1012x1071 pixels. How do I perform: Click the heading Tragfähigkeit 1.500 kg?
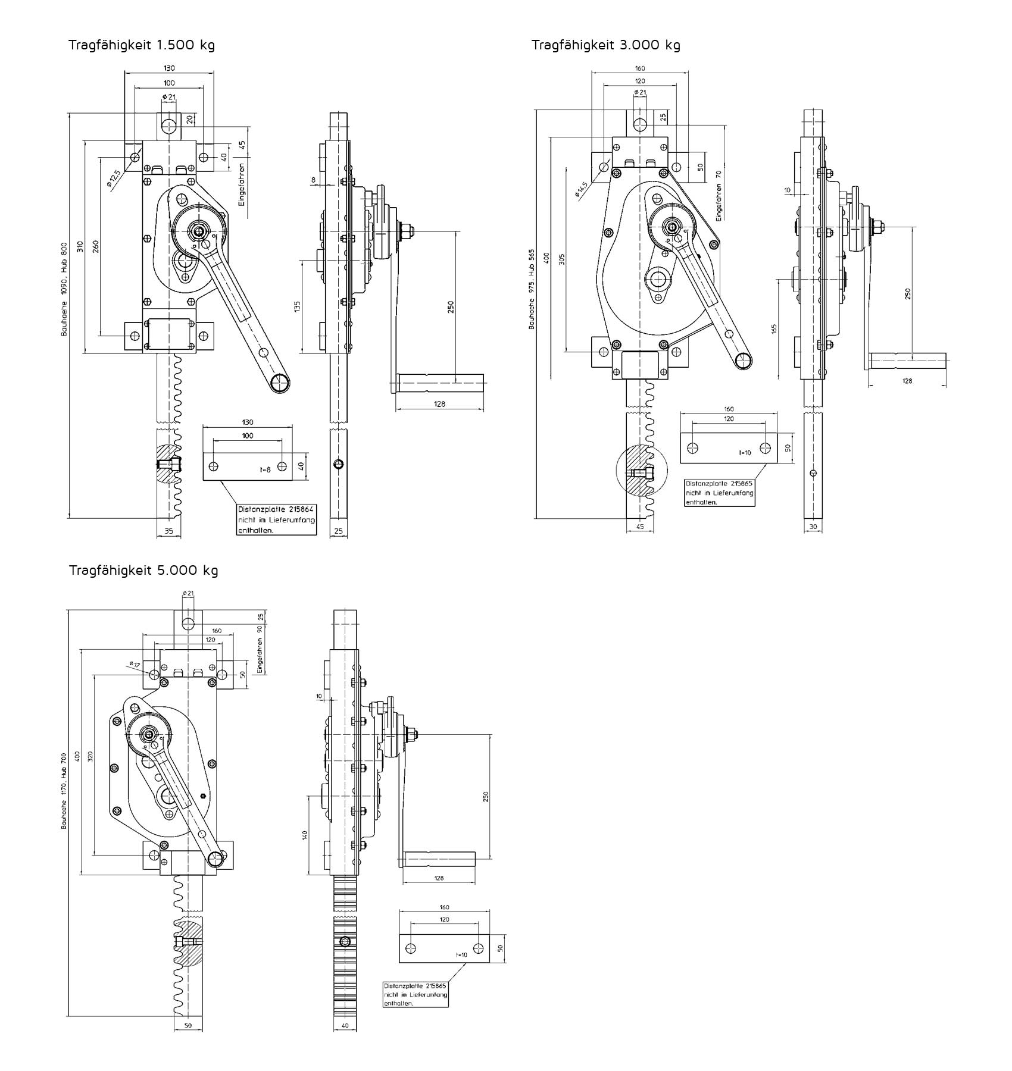coord(141,45)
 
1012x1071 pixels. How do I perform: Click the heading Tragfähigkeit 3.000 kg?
coord(605,45)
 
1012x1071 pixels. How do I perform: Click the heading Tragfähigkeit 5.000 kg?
coord(143,570)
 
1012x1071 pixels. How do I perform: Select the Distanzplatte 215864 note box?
coord(276,520)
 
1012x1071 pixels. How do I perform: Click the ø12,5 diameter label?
coord(114,178)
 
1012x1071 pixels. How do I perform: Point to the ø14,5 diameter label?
coord(581,189)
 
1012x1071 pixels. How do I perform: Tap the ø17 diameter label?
coord(134,664)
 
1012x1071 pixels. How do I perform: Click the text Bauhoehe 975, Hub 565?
coord(532,289)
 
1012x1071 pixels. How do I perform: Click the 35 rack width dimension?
coord(168,531)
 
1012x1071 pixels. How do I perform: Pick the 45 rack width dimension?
coord(641,526)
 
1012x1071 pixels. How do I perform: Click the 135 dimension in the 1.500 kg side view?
coord(297,306)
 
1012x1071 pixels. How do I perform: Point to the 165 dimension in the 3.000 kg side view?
coord(774,329)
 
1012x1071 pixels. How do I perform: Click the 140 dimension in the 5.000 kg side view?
coord(304,835)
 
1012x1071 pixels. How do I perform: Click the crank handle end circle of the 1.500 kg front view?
coord(279,384)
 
